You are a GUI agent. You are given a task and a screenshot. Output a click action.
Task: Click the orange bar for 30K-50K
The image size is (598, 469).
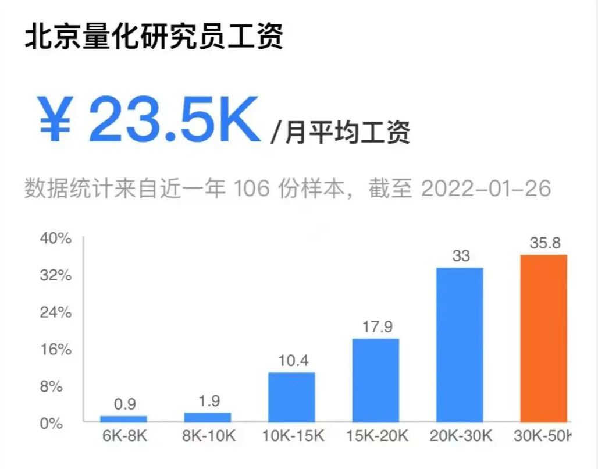[543, 338]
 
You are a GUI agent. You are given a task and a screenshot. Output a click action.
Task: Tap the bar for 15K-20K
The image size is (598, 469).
[375, 380]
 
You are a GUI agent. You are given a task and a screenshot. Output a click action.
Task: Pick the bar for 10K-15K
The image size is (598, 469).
[291, 397]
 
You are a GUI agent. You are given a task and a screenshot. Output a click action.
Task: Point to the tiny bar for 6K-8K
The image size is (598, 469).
[123, 418]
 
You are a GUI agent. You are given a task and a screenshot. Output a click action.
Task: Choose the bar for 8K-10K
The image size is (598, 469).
[207, 417]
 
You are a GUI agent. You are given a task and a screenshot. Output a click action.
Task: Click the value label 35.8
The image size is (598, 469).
[544, 243]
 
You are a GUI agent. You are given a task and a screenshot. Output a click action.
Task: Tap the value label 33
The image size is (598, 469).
[460, 255]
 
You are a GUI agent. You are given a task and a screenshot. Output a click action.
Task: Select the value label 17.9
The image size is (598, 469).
[376, 326]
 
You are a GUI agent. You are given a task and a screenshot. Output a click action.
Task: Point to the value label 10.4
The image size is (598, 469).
[293, 360]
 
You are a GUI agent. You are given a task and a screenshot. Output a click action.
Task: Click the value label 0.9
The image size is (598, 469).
[124, 404]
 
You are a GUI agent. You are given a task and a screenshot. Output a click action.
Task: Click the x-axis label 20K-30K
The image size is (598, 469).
[460, 436]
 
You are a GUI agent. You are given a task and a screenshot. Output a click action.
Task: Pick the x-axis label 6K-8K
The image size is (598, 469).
[123, 436]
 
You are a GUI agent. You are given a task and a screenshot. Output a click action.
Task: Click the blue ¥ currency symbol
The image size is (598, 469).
[55, 119]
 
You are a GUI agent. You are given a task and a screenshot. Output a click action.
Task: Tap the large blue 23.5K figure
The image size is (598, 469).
[173, 119]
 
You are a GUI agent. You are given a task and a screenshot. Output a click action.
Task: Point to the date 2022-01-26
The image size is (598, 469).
[485, 189]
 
